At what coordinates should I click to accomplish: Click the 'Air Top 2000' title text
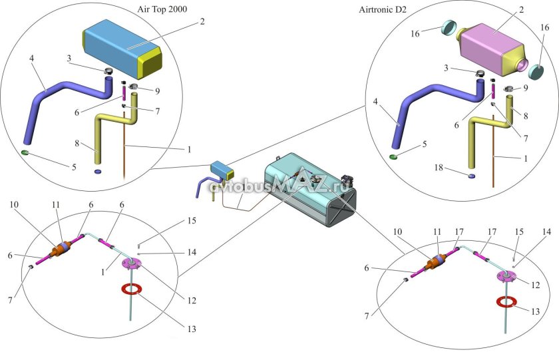point(162,9)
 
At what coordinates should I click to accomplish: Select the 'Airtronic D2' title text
point(383,9)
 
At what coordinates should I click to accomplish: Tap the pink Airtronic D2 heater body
point(491,48)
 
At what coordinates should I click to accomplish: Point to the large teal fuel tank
point(310,189)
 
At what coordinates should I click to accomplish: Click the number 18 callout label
point(439,168)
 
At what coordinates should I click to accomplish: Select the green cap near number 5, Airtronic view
point(393,156)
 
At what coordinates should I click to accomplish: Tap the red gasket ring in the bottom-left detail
point(132,289)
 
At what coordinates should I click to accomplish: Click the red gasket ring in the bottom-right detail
point(506,302)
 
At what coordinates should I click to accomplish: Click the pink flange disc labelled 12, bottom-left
point(132,264)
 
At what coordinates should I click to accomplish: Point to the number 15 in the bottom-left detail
point(192,221)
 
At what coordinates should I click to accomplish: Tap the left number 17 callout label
point(459,232)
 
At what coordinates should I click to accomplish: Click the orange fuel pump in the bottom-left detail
point(62,248)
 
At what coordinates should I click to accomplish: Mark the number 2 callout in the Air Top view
point(202,21)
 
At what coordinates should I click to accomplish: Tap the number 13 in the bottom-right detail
point(536,311)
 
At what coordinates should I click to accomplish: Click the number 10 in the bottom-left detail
point(14,204)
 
